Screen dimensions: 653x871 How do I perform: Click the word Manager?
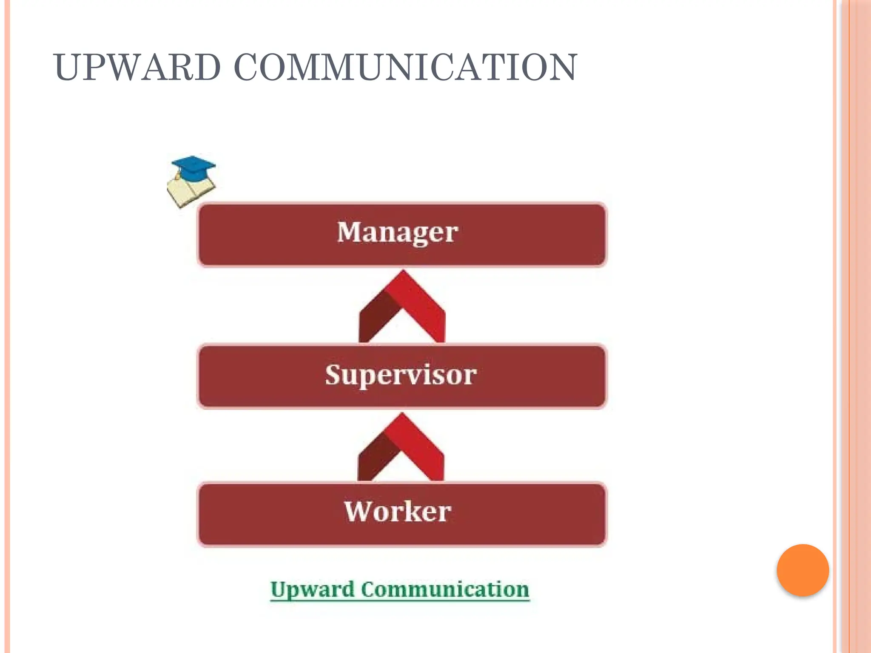[x=398, y=233]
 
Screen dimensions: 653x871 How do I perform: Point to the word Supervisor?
[x=401, y=375]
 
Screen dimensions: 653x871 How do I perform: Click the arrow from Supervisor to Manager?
[x=402, y=306]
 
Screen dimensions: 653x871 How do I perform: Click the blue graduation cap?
[x=194, y=166]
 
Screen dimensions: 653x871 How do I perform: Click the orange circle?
[x=803, y=570]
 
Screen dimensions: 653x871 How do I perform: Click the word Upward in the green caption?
[x=312, y=590]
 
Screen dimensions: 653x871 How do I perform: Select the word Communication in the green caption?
[x=445, y=590]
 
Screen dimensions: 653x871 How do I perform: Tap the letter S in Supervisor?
[x=334, y=375]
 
